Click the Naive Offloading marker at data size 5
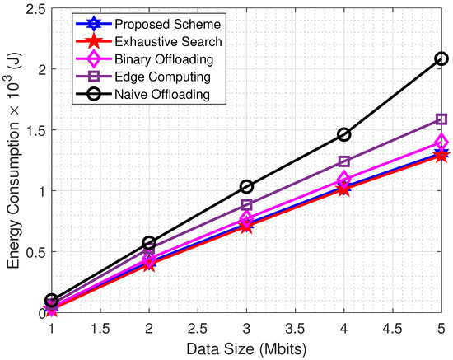point(441,58)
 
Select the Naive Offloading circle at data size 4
point(343,134)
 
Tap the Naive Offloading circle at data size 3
point(246,186)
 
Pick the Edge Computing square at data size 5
point(441,119)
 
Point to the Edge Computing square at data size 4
point(343,161)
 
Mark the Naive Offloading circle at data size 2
point(149,243)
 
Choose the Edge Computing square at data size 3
point(246,204)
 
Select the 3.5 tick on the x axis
point(295,327)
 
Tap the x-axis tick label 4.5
point(392,327)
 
